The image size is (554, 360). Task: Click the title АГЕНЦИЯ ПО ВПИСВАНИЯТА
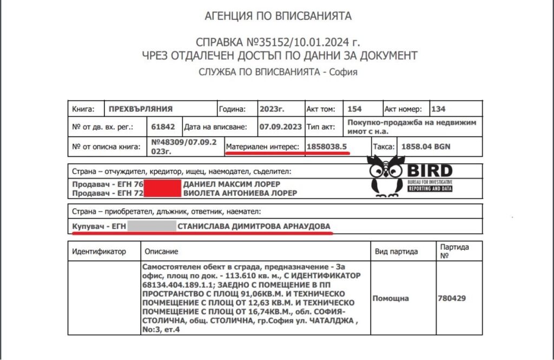tap(278, 16)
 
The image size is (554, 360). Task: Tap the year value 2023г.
tap(272, 109)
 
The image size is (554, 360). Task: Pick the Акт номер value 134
tap(439, 109)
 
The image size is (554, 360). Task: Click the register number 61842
tap(163, 127)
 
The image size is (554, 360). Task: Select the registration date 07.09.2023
tap(279, 127)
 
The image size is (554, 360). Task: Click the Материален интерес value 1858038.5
tap(327, 146)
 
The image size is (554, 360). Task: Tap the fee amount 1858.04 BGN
tap(425, 146)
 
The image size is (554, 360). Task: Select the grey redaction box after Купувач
tap(151, 226)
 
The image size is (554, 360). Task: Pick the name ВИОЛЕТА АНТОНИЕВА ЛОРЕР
tap(240, 193)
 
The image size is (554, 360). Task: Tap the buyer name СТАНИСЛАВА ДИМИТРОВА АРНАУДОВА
tap(254, 226)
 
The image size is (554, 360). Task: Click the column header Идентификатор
tap(99, 252)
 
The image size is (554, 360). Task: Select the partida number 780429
tap(451, 298)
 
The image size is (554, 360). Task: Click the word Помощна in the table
tap(391, 298)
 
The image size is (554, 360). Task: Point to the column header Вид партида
tap(397, 252)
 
